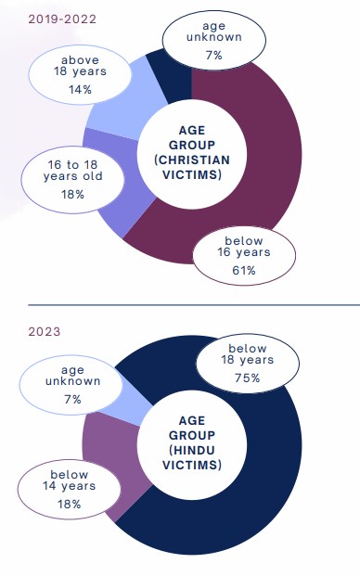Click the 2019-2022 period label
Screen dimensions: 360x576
pyautogui.click(x=62, y=19)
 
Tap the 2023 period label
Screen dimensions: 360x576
pyautogui.click(x=45, y=332)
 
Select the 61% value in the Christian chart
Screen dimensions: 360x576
pyautogui.click(x=244, y=271)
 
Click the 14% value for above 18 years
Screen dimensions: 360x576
pyautogui.click(x=80, y=90)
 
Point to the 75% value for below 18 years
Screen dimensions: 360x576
pyautogui.click(x=248, y=378)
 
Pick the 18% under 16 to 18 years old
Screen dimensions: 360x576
pyautogui.click(x=72, y=195)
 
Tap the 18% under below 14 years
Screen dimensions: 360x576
pyautogui.click(x=69, y=504)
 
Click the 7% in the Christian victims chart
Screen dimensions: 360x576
pyautogui.click(x=213, y=56)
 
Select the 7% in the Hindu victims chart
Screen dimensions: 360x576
pyautogui.click(x=72, y=400)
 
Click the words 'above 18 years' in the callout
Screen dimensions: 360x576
pyautogui.click(x=80, y=66)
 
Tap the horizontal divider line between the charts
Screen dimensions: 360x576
pyautogui.click(x=194, y=305)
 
